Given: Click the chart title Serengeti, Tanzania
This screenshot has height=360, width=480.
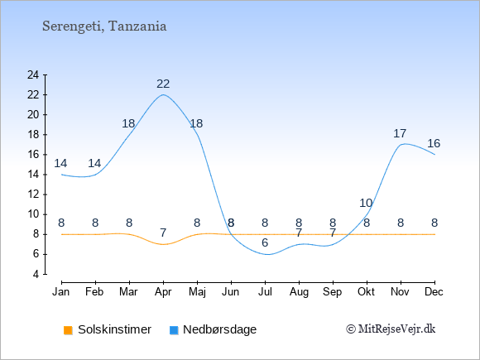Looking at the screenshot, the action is (x=104, y=26).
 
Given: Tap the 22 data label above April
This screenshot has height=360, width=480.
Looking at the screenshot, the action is (x=163, y=84).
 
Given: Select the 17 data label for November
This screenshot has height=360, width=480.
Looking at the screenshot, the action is (x=400, y=133).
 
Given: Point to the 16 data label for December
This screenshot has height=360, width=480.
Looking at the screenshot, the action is (x=434, y=143).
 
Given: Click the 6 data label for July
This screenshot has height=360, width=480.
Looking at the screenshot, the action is (x=265, y=242).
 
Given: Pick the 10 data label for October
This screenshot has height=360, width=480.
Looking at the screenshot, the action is (x=366, y=203).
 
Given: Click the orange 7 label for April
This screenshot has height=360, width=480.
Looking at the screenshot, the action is (x=163, y=233).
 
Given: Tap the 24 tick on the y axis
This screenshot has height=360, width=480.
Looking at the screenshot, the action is (x=33, y=74).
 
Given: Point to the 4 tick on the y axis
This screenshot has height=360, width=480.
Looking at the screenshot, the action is (x=36, y=274).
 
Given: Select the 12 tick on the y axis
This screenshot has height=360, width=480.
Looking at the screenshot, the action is (x=33, y=194).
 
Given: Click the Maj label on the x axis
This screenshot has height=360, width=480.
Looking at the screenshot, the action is (x=197, y=292).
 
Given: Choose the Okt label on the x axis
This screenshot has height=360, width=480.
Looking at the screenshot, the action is (x=366, y=292).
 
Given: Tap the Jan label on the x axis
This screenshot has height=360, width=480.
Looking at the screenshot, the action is (x=61, y=292).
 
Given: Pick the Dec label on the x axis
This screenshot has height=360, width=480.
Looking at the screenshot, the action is (x=434, y=292).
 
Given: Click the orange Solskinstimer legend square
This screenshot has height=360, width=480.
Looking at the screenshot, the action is (x=68, y=330).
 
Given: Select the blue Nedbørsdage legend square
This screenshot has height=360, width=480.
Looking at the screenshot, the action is (x=174, y=330).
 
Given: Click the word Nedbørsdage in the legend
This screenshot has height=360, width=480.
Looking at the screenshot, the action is (x=220, y=329).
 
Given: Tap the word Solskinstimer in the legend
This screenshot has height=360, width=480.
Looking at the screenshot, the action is (x=114, y=329).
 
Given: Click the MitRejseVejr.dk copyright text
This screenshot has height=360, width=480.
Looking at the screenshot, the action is (x=391, y=329).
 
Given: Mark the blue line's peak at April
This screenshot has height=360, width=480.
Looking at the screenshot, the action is (x=163, y=94).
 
